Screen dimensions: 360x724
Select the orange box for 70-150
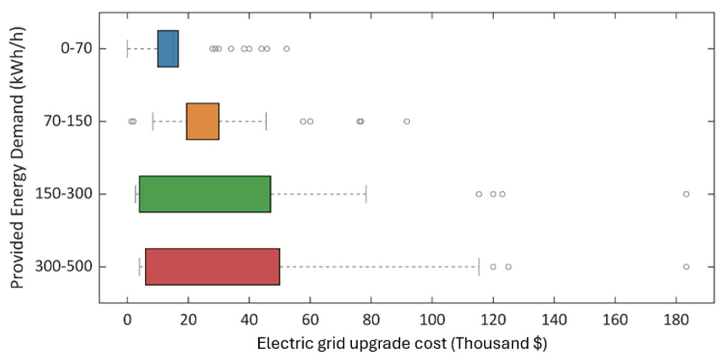tap(203, 121)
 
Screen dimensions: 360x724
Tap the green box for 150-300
tap(205, 194)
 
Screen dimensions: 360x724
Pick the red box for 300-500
tap(213, 267)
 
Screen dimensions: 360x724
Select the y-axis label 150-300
tap(64, 194)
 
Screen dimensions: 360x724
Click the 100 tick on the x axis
tap(432, 320)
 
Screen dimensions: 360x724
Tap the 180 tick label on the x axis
tap(676, 320)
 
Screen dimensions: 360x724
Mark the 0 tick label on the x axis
tap(127, 320)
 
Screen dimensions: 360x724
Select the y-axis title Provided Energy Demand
tap(17, 157)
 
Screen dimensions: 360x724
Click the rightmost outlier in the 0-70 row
tap(287, 49)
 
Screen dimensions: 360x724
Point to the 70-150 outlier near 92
tap(407, 121)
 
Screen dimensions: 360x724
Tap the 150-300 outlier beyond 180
tap(686, 194)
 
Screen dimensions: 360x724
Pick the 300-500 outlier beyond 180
tap(686, 267)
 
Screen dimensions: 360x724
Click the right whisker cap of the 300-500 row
tap(479, 267)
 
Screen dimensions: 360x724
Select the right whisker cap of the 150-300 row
tap(366, 194)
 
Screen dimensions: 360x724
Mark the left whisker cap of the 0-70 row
tap(127, 49)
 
